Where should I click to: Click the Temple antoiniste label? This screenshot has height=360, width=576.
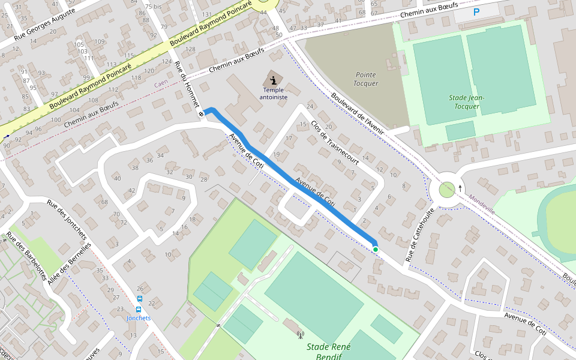coord(274,93)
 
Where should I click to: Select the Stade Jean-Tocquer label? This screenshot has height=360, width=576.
coord(466,102)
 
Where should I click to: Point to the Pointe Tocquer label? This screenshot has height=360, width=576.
coord(365,79)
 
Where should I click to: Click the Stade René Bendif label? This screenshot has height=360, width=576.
coord(328,352)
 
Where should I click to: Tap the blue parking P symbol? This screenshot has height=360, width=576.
coord(476,12)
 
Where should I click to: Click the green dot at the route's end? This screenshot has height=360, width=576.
coord(376,249)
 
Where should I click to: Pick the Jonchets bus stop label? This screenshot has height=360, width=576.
coord(139,318)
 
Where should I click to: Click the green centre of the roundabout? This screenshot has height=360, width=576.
coord(446,190)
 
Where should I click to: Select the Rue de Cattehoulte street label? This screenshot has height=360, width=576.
coord(420,235)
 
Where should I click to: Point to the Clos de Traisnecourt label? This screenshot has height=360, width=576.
coord(335,143)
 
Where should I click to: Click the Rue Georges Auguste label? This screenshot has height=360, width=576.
coord(45,28)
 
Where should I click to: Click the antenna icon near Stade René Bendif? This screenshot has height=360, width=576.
coord(301,334)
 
